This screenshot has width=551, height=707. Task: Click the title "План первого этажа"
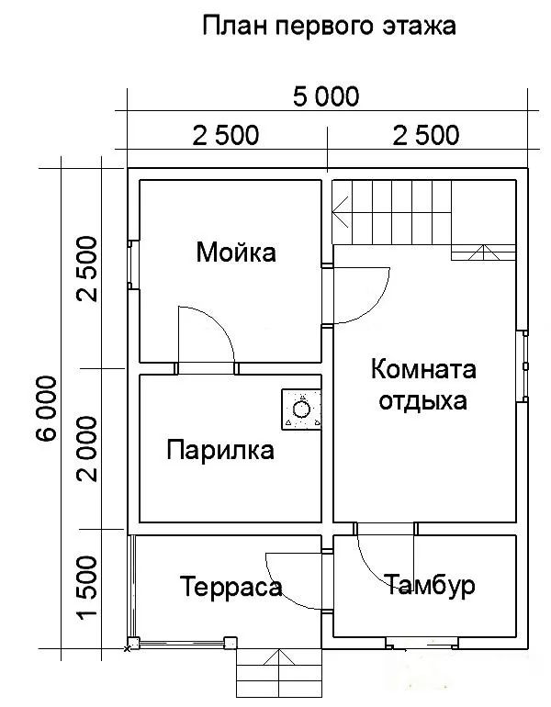point(329,26)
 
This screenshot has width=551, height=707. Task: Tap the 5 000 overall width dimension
point(326,96)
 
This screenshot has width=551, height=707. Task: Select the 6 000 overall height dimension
point(47,409)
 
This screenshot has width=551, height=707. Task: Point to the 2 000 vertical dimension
point(86,448)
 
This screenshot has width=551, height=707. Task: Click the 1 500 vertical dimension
point(86,587)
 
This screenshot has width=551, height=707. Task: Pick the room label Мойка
point(236,252)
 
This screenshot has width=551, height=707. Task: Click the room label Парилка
point(220,451)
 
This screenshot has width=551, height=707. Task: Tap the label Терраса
point(231,587)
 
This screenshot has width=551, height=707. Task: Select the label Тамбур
point(430,585)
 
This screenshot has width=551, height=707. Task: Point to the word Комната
point(423,369)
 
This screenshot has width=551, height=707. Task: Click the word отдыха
point(423,401)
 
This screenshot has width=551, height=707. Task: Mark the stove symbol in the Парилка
point(301,410)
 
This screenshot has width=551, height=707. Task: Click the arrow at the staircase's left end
point(340,211)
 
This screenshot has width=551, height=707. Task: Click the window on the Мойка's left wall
point(130,264)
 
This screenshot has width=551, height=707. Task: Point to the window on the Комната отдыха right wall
point(525,366)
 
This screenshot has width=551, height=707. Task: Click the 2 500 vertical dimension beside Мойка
point(86,269)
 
